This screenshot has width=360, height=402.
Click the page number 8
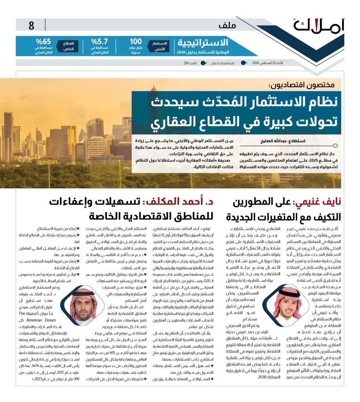coord(31,26)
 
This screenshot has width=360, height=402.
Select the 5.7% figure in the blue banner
coord(99,42)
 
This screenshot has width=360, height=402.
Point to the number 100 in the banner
coord(135,42)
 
